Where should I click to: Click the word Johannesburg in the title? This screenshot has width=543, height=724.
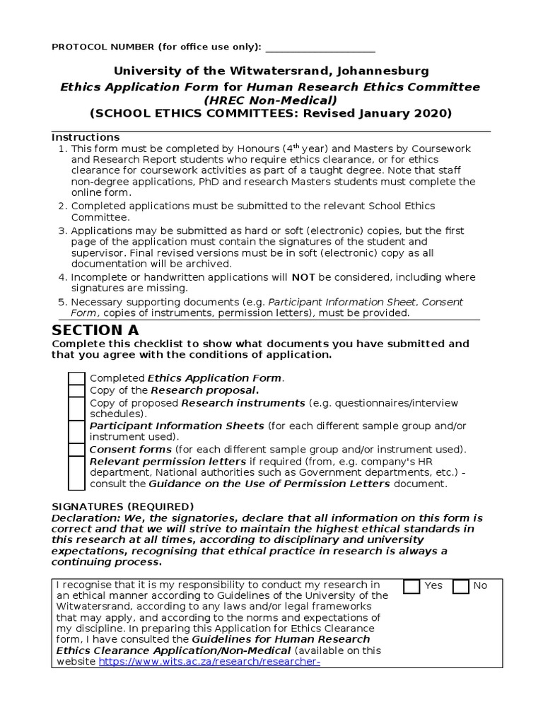tap(375, 71)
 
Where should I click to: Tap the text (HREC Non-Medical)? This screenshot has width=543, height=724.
tap(271, 100)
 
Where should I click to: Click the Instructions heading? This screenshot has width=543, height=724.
tap(86, 137)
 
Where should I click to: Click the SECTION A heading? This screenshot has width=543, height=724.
tap(95, 330)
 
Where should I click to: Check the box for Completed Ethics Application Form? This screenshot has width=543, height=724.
tap(76, 379)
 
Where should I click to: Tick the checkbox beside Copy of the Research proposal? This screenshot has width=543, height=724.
tap(76, 391)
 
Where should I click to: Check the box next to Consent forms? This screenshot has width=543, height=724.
tap(76, 450)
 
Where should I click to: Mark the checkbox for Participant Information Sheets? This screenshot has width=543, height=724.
tap(76, 431)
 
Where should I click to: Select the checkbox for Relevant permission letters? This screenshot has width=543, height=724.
tap(76, 473)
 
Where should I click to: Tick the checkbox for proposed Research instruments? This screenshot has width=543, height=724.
tap(76, 408)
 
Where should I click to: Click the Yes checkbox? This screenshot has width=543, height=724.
tap(411, 586)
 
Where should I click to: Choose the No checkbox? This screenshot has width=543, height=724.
tap(461, 586)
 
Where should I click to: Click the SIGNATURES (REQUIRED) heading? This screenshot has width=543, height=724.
tap(122, 506)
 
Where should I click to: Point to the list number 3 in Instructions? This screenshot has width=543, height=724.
tap(62, 230)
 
